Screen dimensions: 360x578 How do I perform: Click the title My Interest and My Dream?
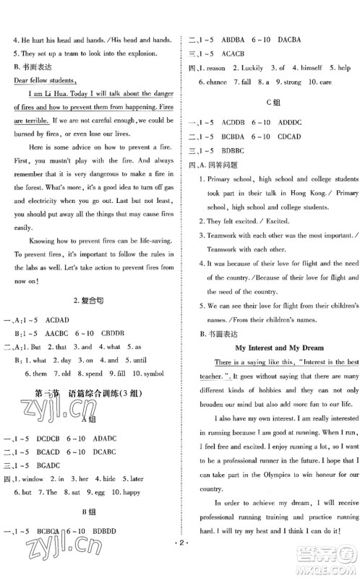point(272,348)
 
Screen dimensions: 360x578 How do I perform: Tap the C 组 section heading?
point(272,104)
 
